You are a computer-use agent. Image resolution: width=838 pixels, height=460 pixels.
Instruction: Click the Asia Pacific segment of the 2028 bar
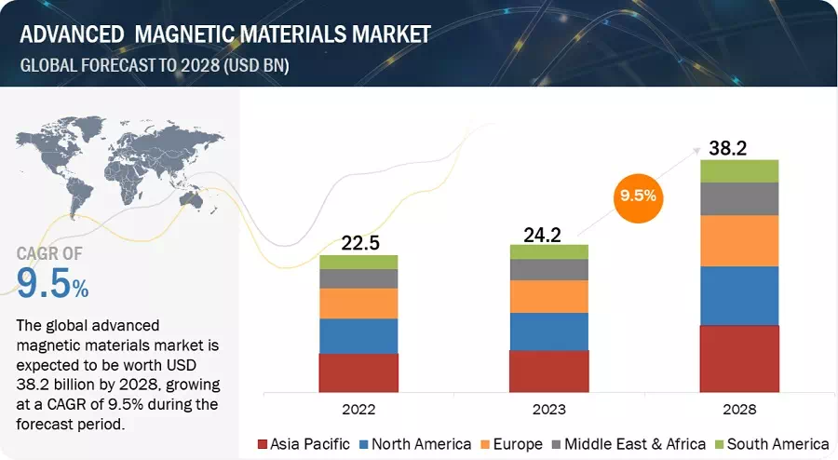pyautogui.click(x=739, y=359)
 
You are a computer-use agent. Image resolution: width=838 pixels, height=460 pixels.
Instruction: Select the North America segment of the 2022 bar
pyautogui.click(x=358, y=335)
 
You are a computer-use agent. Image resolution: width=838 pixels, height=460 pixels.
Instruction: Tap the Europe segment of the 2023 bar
pyautogui.click(x=549, y=296)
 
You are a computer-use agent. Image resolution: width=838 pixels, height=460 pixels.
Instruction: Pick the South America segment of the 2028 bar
pyautogui.click(x=739, y=170)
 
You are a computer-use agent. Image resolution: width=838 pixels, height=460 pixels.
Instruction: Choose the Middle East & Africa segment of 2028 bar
pyautogui.click(x=739, y=198)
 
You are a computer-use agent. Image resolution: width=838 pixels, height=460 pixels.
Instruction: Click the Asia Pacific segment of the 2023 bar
pyautogui.click(x=549, y=371)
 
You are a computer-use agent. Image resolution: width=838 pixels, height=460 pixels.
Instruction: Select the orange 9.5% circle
pyautogui.click(x=637, y=196)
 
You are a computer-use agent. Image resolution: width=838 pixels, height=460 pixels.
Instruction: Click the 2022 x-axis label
pyautogui.click(x=358, y=409)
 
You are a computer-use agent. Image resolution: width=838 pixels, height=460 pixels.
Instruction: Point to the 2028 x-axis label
pyautogui.click(x=739, y=409)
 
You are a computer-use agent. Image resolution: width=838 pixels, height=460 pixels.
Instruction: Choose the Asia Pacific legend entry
pyautogui.click(x=308, y=443)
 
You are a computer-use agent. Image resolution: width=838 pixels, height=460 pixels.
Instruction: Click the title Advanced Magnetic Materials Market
pyautogui.click(x=223, y=34)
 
